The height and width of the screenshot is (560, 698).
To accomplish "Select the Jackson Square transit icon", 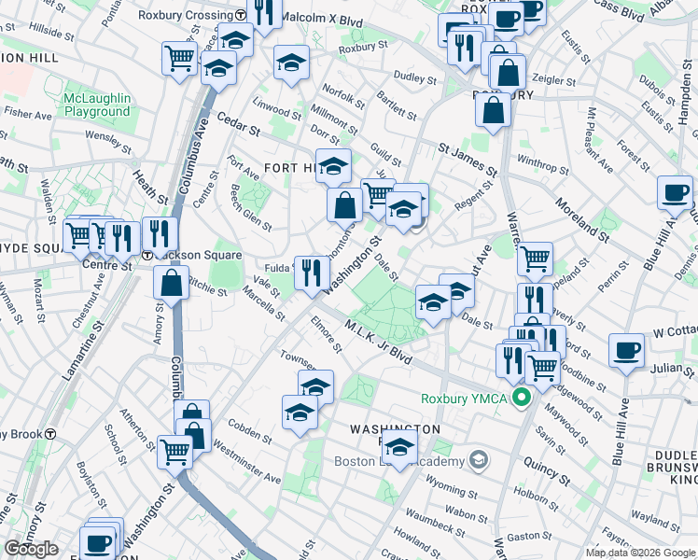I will pyautogui.click(x=147, y=256).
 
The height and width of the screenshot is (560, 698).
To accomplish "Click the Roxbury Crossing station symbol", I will pyautogui.click(x=241, y=15).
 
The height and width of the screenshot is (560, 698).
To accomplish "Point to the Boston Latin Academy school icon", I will pyautogui.click(x=480, y=459).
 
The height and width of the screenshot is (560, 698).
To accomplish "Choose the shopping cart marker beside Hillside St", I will pyautogui.click(x=179, y=58).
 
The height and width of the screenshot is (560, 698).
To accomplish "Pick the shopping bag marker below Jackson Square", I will pyautogui.click(x=173, y=283).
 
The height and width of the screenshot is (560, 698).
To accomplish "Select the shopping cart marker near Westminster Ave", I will pyautogui.click(x=174, y=452).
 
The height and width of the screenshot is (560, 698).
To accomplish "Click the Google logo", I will pyautogui.click(x=31, y=549).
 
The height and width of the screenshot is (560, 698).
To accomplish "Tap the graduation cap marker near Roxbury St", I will pyautogui.click(x=291, y=63).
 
